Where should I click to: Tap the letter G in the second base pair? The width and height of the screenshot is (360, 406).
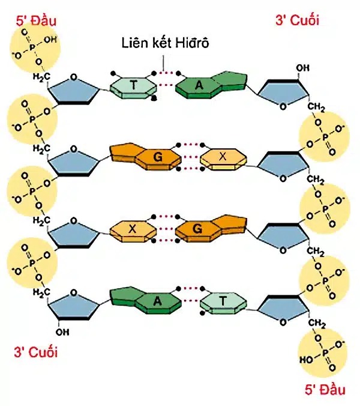[x=158, y=158]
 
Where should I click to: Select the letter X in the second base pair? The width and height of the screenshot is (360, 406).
[x=223, y=157]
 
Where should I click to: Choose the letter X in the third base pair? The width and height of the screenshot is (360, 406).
[x=133, y=229]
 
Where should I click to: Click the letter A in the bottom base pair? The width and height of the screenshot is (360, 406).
[x=157, y=301]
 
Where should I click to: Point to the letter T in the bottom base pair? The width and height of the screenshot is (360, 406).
[x=222, y=300]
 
